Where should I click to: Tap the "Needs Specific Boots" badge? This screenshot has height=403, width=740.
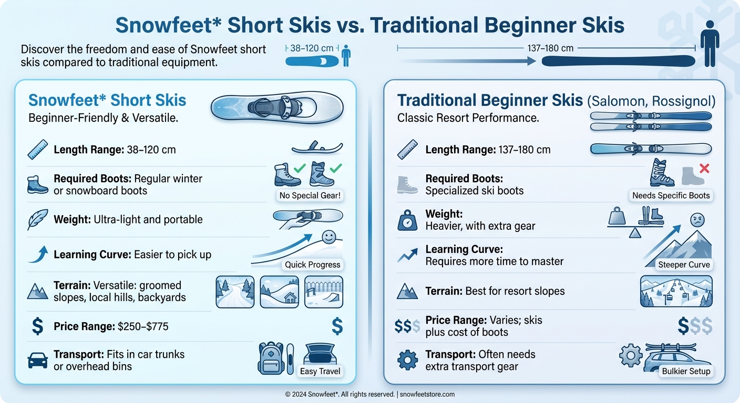tap(671, 196)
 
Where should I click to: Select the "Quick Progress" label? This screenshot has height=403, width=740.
tap(313, 264)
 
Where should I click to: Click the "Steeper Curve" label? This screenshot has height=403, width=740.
tap(684, 264)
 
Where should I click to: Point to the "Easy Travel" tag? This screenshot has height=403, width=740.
tap(320, 372)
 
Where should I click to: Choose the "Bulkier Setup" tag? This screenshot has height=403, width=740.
tap(686, 371)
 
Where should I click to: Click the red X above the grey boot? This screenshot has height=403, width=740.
tap(704, 168)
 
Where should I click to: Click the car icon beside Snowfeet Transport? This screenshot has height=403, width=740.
tap(37, 360)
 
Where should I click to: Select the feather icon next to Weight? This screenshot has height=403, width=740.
tap(37, 219)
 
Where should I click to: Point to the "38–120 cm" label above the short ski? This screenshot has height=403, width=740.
tap(312, 48)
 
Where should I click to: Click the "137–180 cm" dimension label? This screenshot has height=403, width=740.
tap(550, 48)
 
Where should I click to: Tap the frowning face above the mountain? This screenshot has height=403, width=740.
tap(696, 219)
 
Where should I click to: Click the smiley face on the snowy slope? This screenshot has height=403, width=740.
tap(328, 237)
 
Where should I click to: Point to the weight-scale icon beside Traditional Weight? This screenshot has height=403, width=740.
tap(407, 220)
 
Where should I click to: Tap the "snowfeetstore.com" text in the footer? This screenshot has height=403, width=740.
tap(427, 394)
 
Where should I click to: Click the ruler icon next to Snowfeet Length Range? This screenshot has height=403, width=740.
tap(37, 150)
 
